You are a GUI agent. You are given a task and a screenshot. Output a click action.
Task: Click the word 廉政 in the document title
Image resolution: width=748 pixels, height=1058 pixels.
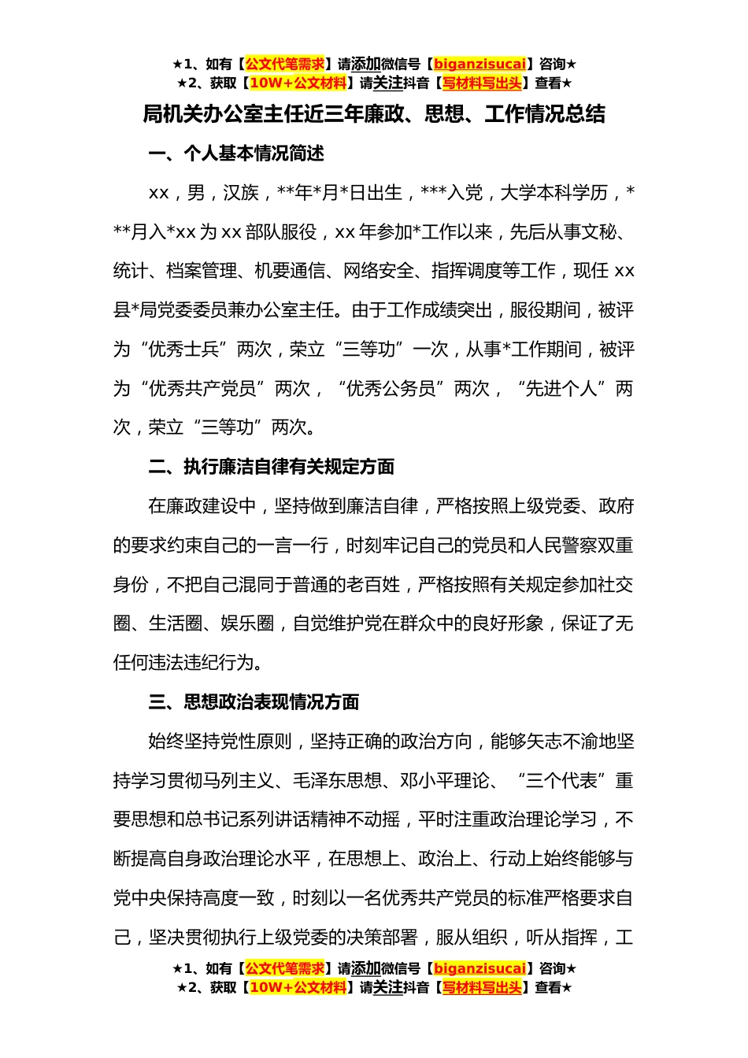(382, 115)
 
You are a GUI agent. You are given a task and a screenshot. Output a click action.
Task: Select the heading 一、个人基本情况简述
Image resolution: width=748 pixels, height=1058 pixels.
(236, 154)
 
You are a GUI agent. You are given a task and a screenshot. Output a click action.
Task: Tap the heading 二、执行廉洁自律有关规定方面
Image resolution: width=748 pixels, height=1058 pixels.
(272, 467)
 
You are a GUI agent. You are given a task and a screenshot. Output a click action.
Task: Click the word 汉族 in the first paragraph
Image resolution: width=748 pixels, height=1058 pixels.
(241, 193)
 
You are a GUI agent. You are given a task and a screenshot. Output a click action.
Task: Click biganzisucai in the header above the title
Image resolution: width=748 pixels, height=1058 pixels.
(480, 65)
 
